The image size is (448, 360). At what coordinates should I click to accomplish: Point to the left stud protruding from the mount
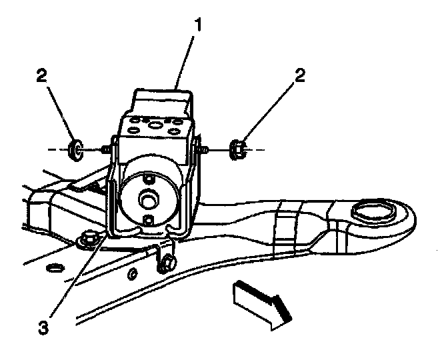[105, 149]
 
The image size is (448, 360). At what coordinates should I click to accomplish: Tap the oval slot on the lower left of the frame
[53, 269]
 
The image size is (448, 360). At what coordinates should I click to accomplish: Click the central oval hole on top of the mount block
[155, 124]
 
